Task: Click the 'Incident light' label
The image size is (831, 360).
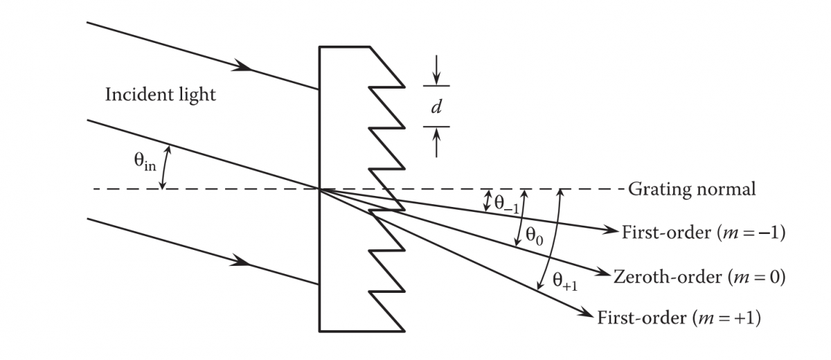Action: click(160, 95)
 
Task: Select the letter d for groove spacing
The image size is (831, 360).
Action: click(436, 107)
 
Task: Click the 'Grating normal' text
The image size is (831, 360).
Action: click(692, 189)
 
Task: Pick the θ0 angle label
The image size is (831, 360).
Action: click(534, 235)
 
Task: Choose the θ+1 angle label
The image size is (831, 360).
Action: click(565, 280)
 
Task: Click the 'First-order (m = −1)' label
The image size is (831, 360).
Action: click(702, 233)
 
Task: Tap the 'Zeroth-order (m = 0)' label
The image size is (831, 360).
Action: click(698, 277)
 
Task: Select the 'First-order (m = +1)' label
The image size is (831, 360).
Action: click(678, 318)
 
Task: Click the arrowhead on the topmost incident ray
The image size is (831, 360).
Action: click(243, 67)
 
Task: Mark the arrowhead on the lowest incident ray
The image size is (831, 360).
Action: click(243, 262)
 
